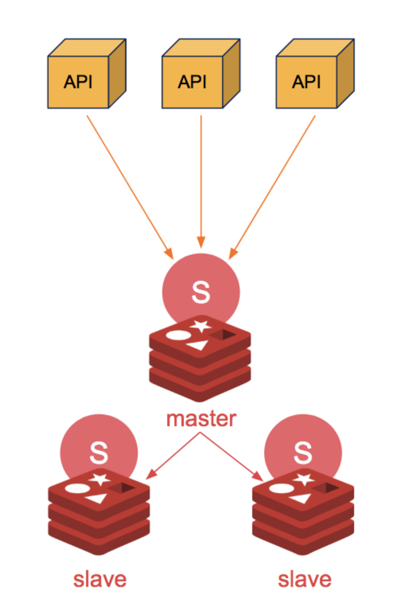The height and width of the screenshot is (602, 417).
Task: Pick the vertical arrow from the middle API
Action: [x=201, y=179]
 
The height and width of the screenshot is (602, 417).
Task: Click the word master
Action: [x=201, y=419]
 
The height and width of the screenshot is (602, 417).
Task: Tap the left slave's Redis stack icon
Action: [x=99, y=513]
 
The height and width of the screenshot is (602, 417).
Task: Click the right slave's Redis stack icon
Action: [x=303, y=513]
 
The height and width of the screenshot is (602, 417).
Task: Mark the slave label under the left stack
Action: [x=100, y=579]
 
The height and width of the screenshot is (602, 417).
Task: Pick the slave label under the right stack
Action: [x=304, y=579]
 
